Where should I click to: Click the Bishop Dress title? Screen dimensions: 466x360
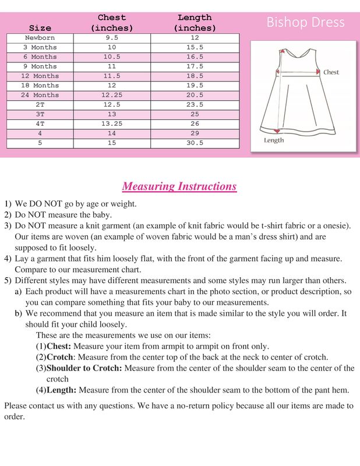click(x=305, y=23)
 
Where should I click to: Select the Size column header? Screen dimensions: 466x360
click(x=40, y=28)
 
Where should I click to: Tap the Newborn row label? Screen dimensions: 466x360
click(x=40, y=38)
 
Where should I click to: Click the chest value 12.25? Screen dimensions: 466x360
click(x=111, y=95)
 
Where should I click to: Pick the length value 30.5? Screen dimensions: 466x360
click(x=195, y=142)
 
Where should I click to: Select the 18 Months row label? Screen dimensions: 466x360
click(x=40, y=86)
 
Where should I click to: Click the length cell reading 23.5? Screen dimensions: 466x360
click(x=195, y=104)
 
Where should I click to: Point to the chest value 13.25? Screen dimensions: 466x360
click(x=111, y=123)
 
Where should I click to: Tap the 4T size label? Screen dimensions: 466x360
click(x=40, y=123)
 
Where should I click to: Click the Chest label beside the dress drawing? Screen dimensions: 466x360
click(x=331, y=72)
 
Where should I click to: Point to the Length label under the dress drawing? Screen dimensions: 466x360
click(x=274, y=140)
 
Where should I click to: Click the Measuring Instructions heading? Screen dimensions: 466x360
click(x=179, y=186)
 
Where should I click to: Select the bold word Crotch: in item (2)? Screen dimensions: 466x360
click(x=60, y=357)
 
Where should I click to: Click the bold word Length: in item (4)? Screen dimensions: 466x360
click(x=61, y=390)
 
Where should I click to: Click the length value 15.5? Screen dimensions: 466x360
click(x=195, y=47)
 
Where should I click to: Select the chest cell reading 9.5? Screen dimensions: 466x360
click(x=111, y=38)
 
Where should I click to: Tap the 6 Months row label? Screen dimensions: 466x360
click(x=40, y=57)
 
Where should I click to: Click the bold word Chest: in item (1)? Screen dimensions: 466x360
click(x=59, y=346)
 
